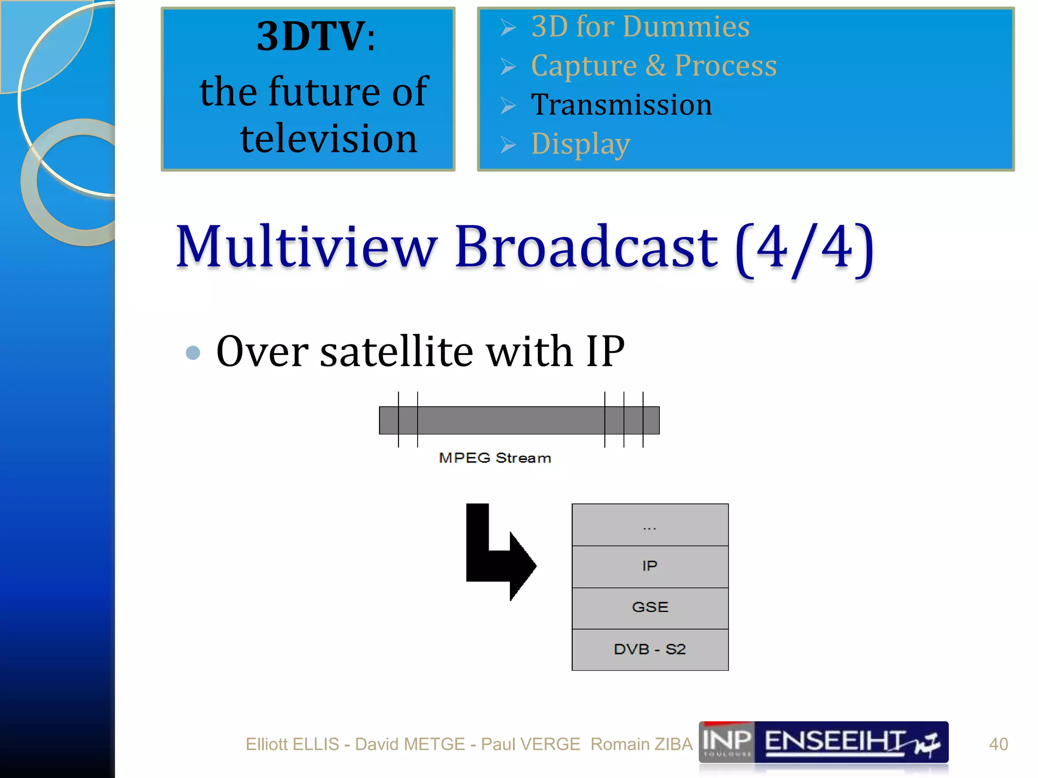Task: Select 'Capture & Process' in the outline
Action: (x=654, y=66)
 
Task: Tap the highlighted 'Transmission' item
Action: (x=621, y=105)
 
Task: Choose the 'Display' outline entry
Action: (x=581, y=144)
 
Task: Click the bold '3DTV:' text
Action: (x=316, y=36)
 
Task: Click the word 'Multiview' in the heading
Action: (x=306, y=247)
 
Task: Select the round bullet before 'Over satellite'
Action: (x=193, y=353)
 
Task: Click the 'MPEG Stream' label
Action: (x=495, y=458)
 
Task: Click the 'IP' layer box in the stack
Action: (x=650, y=566)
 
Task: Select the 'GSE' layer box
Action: (x=650, y=608)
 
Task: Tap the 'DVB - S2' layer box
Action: (x=650, y=649)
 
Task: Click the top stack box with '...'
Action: (x=650, y=525)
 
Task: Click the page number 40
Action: (x=998, y=744)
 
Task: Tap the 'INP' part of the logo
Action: (x=727, y=741)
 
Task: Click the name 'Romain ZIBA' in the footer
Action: (x=641, y=744)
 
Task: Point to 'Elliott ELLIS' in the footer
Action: (x=292, y=744)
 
